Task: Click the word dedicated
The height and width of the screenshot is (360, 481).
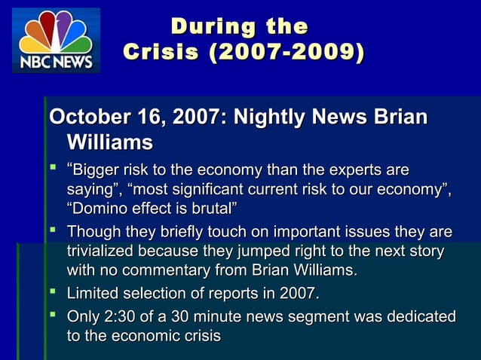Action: click(421, 317)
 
